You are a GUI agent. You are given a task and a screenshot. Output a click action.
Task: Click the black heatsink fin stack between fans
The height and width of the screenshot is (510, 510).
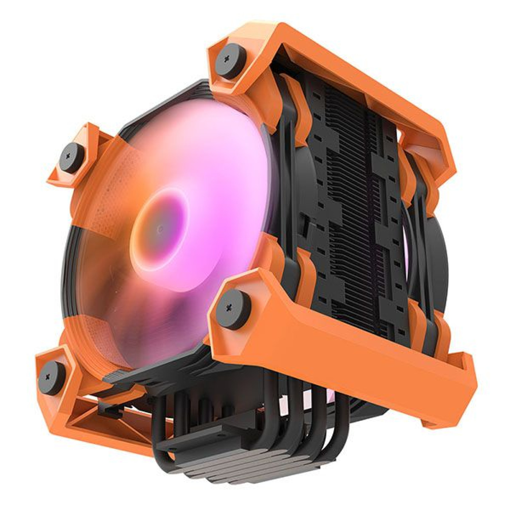click(x=350, y=204)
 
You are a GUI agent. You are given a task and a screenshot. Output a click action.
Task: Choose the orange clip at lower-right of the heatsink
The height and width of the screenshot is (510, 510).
click(x=423, y=321)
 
